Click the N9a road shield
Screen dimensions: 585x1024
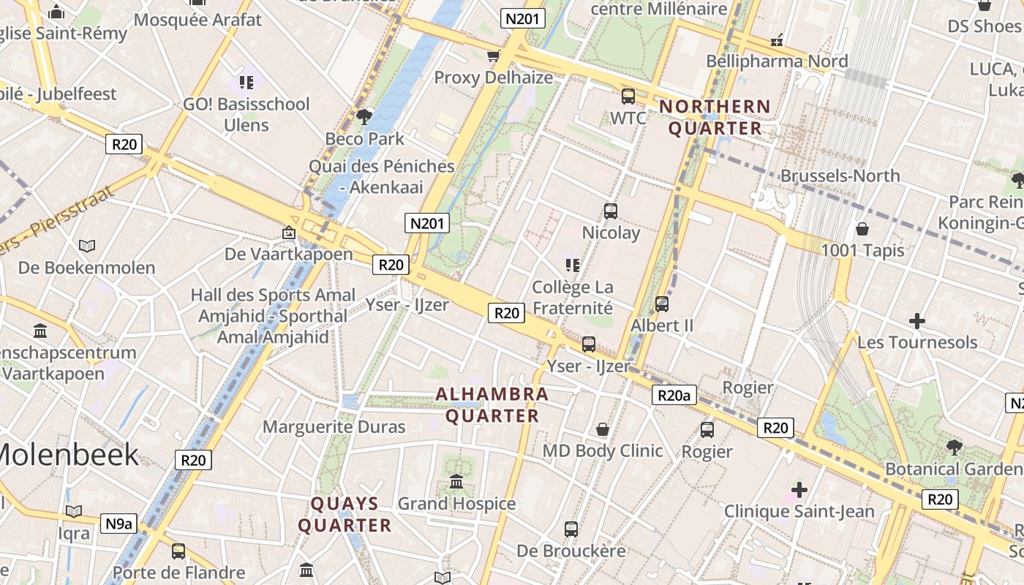(118, 523)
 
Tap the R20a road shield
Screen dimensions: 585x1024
(674, 396)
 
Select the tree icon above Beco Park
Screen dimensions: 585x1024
(364, 116)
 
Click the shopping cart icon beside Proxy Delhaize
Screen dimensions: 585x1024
(494, 56)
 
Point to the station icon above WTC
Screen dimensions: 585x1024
(628, 96)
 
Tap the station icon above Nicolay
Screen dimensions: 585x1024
(610, 211)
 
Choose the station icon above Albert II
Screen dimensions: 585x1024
(661, 303)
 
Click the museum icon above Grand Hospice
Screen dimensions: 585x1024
(456, 481)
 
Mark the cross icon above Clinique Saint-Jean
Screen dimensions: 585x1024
(799, 489)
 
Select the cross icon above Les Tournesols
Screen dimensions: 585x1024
(916, 320)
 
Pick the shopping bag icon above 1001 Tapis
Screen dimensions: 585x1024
(862, 229)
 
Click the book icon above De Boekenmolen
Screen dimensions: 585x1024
(87, 246)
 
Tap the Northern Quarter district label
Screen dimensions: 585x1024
(715, 118)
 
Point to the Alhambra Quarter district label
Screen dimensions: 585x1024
(492, 405)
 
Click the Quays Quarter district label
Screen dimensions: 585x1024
(345, 515)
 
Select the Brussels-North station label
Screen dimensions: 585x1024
(840, 175)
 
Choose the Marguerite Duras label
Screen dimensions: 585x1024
(334, 426)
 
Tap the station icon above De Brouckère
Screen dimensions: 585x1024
(571, 529)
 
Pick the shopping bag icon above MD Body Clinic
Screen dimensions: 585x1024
(603, 429)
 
